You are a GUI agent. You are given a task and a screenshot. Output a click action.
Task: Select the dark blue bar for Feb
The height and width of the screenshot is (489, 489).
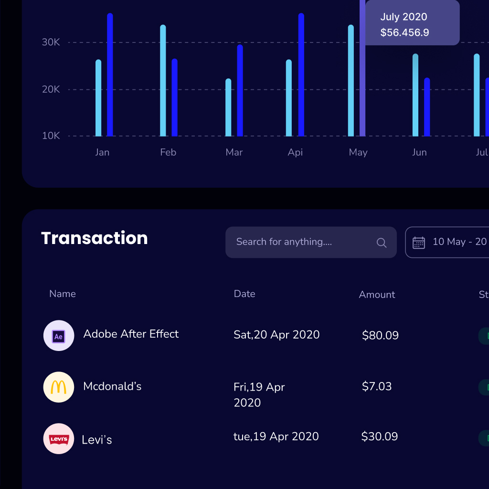tap(174, 98)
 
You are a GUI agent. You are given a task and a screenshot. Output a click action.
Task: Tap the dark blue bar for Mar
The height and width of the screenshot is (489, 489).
tap(240, 91)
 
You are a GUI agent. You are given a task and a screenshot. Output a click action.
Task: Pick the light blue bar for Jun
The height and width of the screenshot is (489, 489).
tap(415, 96)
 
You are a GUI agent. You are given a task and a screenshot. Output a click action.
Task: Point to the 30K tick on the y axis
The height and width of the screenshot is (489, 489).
tap(51, 43)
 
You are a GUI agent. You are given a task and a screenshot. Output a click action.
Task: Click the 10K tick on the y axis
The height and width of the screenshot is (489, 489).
tap(51, 136)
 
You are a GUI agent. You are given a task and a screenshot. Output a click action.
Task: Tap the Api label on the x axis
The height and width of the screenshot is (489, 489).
tap(295, 152)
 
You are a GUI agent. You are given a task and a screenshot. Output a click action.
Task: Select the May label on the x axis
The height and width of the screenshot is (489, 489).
tap(358, 152)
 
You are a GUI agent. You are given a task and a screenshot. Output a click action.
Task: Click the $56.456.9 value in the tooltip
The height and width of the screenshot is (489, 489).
tap(404, 33)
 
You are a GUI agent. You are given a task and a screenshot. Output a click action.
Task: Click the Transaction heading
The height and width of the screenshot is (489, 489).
tap(95, 238)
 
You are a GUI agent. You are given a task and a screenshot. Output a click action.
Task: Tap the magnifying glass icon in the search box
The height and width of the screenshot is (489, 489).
tap(382, 243)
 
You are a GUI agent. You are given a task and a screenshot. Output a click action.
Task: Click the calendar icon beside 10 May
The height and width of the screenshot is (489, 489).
tap(419, 243)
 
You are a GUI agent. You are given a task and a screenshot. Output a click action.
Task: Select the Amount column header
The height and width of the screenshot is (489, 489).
tap(377, 295)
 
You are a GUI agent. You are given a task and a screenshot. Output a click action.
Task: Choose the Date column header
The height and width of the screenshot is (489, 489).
tap(244, 294)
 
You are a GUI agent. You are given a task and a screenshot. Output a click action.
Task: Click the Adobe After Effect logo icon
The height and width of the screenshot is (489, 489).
tap(59, 336)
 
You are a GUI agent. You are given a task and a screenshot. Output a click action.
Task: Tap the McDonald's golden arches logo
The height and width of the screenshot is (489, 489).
tap(59, 387)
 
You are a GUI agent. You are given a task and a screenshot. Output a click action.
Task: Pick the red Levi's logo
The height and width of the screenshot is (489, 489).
tap(59, 439)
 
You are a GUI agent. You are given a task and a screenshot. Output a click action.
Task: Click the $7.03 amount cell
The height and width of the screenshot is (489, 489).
tap(377, 386)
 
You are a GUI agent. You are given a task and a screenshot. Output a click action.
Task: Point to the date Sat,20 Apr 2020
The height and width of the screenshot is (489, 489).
tap(276, 335)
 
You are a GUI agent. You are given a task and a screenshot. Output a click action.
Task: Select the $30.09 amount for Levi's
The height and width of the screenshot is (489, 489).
tap(380, 436)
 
